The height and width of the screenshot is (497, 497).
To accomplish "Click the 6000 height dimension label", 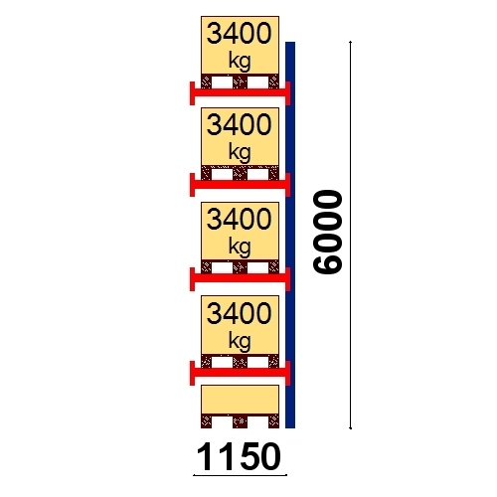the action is (x=327, y=233).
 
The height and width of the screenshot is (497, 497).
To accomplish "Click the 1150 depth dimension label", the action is (x=239, y=457).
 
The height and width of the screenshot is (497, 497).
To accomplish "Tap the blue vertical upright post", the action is (x=290, y=235).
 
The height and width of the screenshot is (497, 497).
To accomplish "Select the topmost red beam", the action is (x=240, y=92).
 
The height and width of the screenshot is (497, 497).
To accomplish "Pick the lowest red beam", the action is (x=240, y=373).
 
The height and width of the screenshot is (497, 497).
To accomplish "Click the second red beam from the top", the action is (x=240, y=184).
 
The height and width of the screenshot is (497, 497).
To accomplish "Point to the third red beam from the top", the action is (x=240, y=278).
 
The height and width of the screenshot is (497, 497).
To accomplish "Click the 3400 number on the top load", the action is (x=240, y=34).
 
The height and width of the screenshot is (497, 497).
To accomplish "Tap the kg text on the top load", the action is (x=240, y=62).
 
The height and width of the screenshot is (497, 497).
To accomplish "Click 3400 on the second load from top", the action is (x=240, y=124).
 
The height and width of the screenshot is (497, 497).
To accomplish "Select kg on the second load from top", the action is (x=240, y=153).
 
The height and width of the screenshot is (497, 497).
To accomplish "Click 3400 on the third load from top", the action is (x=240, y=219).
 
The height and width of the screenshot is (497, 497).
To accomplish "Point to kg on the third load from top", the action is (x=240, y=248).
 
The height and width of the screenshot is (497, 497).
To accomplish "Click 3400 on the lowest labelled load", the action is (x=240, y=313).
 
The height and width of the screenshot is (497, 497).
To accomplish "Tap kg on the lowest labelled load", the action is (x=240, y=341).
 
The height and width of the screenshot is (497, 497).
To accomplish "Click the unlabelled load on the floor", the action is (x=240, y=400).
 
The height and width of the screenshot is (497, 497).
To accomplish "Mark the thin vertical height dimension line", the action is (x=351, y=235).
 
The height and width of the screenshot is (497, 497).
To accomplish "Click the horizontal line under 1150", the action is (x=240, y=475).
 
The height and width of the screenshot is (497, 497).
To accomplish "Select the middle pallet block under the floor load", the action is (x=240, y=421).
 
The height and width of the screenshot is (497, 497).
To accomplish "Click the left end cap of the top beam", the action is (x=192, y=93).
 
